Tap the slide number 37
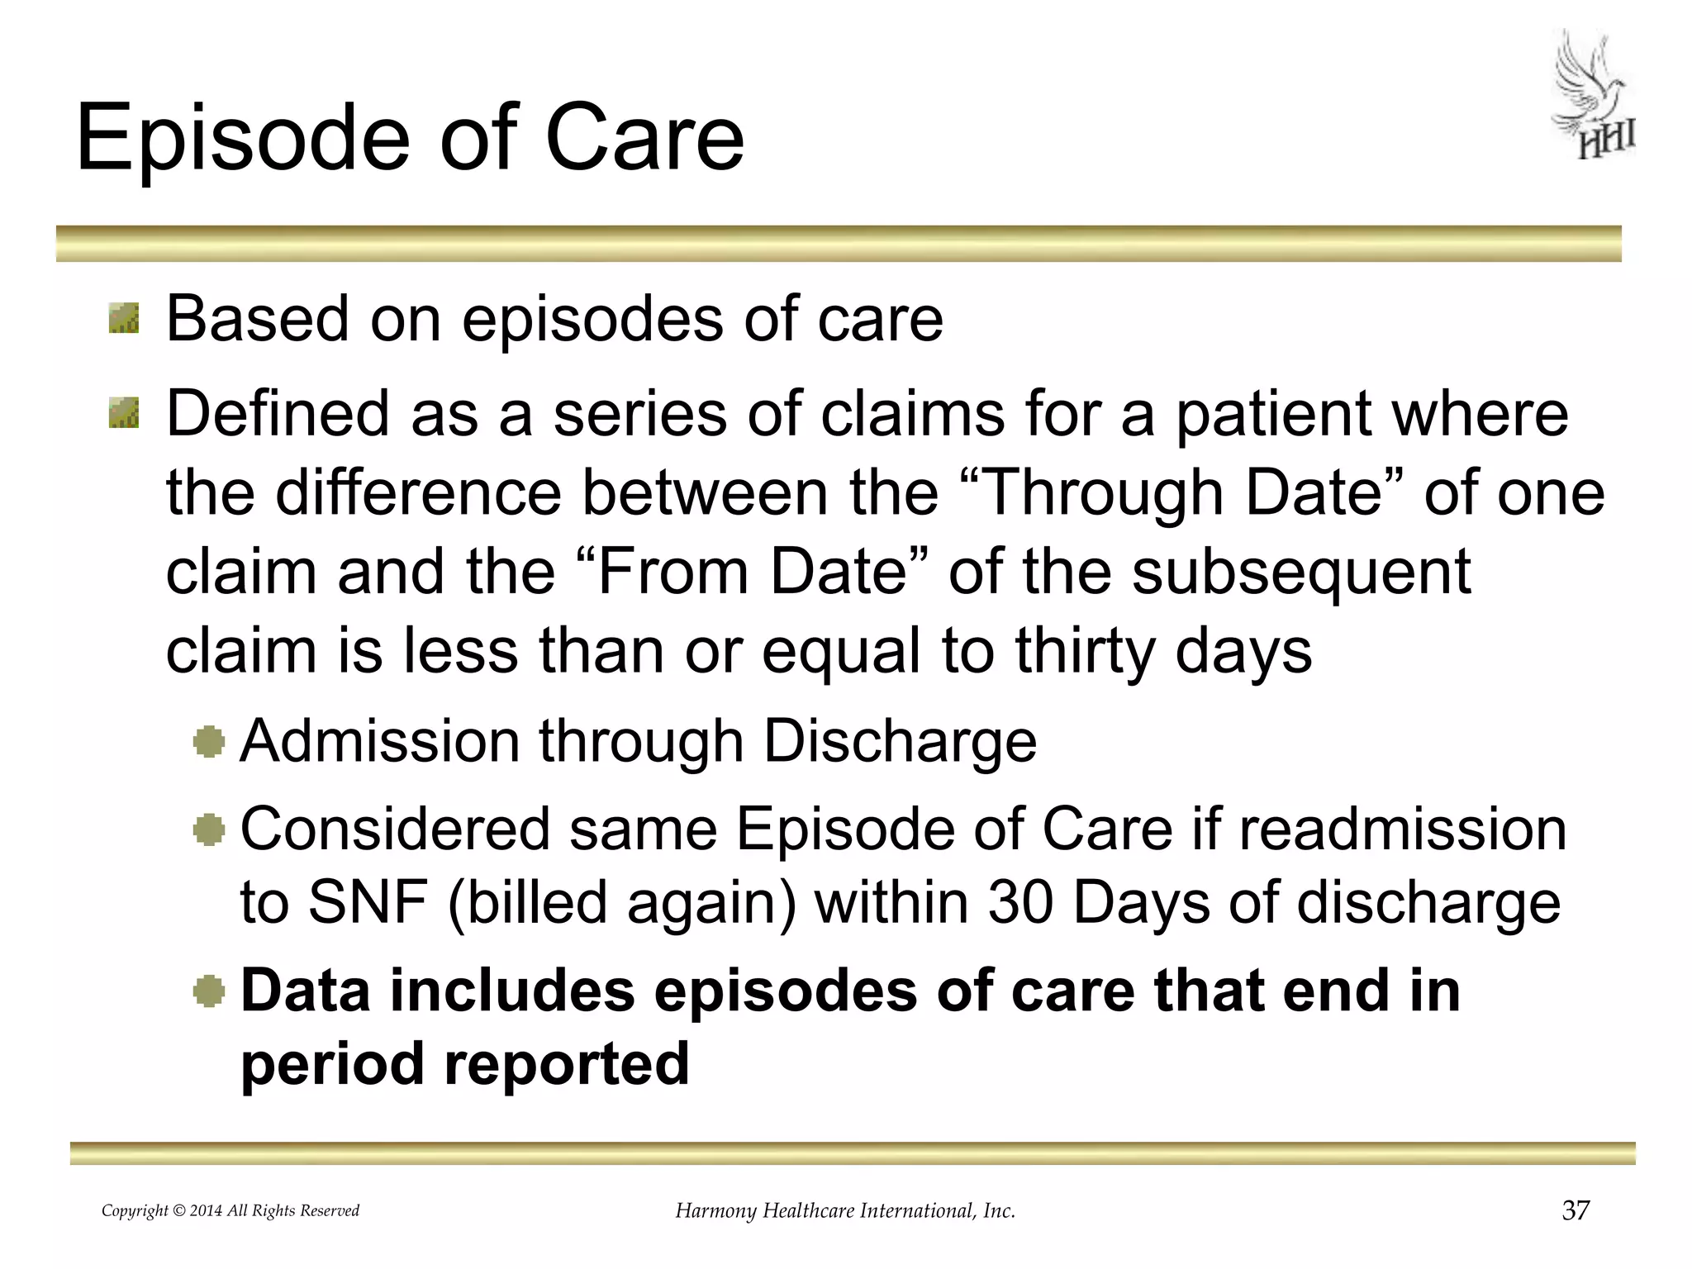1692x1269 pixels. pos(1576,1210)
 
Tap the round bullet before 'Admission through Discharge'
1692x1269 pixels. pos(209,741)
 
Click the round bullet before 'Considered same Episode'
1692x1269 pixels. pos(209,829)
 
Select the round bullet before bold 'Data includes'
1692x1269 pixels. pos(209,991)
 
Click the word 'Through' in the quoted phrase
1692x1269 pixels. pos(1103,493)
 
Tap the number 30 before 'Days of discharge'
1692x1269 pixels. pos(1020,902)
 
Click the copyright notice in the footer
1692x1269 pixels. pos(231,1211)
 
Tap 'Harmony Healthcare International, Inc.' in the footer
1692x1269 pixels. pos(845,1211)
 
